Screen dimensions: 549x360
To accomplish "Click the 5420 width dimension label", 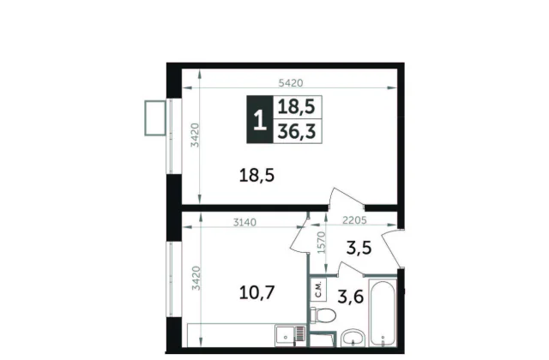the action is coord(290,83).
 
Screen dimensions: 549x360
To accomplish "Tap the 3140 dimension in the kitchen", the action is coord(244,222).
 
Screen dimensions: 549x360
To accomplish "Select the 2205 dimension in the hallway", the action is coord(354,220).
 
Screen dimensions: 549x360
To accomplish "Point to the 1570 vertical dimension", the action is coord(322,243).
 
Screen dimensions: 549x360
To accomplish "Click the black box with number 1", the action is coord(260,119).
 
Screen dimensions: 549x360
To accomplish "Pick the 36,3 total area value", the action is coord(297,131).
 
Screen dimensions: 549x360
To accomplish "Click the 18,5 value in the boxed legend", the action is coord(296,106).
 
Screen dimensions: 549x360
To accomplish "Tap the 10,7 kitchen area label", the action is coord(256,292).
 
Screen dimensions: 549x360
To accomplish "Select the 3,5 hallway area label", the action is coord(359,248).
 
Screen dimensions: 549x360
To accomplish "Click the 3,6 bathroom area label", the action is coord(351,297).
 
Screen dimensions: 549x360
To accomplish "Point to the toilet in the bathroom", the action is coord(323,315).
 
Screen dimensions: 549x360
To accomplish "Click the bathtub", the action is coord(383,314).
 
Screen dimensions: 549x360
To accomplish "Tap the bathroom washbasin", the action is coord(353,339).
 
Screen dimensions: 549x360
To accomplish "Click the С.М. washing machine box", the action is coord(318,290).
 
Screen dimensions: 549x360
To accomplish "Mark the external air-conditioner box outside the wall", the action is coord(155,118).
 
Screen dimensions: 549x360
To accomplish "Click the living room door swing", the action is coord(346,199).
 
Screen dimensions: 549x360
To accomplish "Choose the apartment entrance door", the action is coord(391,249).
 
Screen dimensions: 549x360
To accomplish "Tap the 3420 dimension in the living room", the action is coord(195,135).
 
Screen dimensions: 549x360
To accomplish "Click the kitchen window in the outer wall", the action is coord(170,279).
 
